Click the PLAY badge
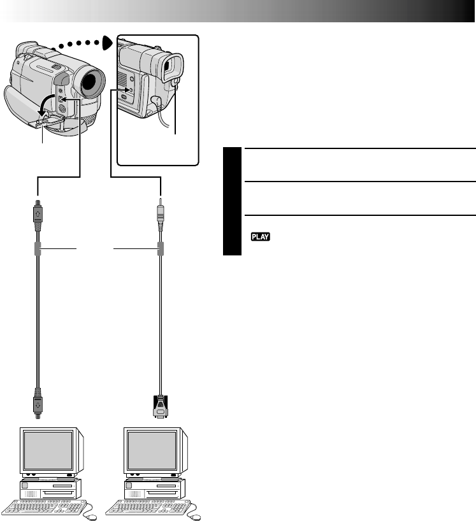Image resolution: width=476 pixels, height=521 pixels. pos(260,236)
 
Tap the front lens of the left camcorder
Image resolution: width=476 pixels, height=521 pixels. pos(90,83)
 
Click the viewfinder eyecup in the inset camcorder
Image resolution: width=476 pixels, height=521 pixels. pos(173,68)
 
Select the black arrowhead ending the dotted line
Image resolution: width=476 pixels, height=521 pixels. pos(108,43)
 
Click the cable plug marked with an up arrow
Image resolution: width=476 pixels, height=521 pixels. pos(38,214)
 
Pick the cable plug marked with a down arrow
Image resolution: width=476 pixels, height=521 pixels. pos(38,403)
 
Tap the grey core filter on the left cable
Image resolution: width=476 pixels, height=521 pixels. pos(38,249)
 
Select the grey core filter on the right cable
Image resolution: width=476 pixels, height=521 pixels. pos(161,249)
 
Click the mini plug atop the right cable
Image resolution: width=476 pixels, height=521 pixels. pos(161,213)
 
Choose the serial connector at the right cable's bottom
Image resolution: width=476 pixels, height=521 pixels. pos(161,406)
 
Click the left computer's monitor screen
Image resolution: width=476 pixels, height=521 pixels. pos(48,451)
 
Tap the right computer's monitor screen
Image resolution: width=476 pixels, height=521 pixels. pos(152,451)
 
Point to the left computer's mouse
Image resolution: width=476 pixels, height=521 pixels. pos(90,517)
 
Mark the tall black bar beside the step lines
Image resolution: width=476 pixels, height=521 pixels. pos(232,201)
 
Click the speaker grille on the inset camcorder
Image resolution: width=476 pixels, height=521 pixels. pos(122,78)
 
